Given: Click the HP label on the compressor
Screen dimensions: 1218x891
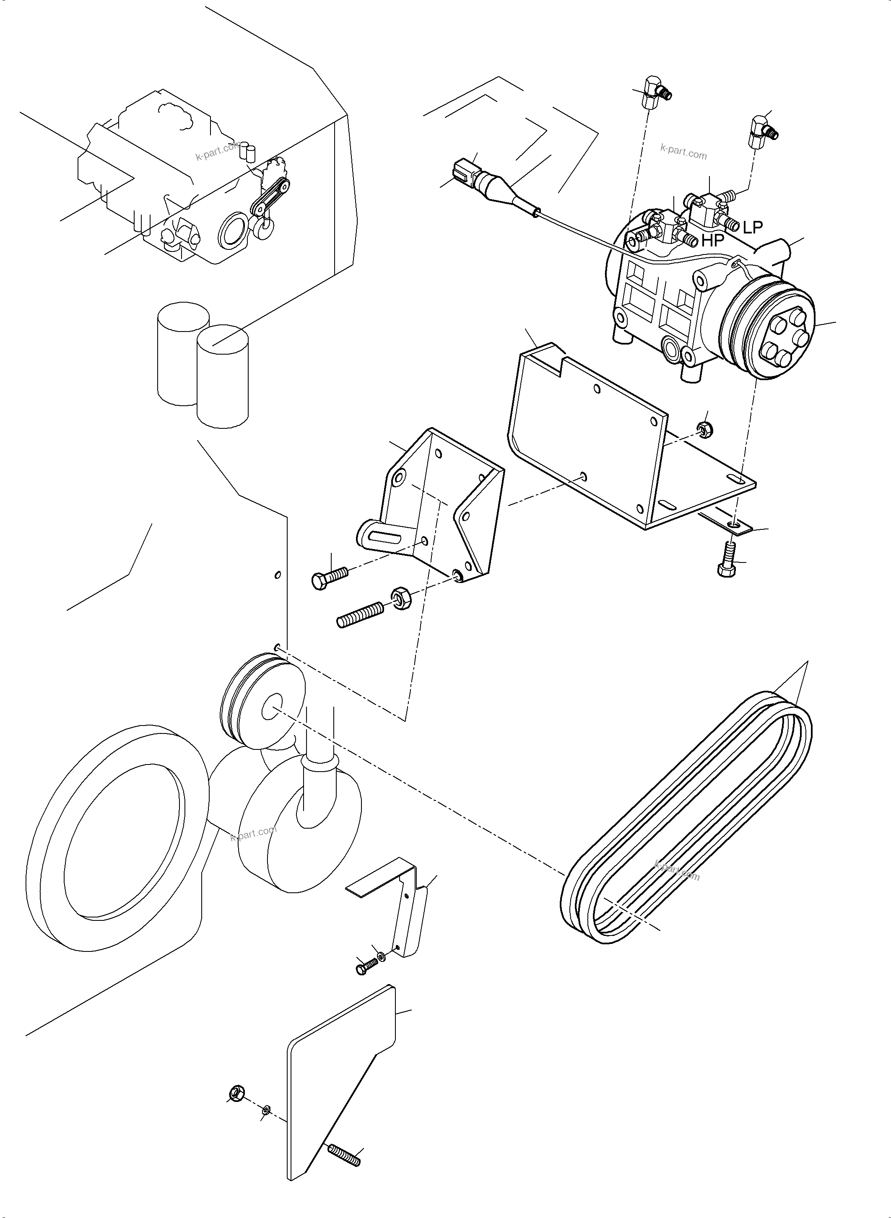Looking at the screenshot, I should pyautogui.click(x=712, y=241).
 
